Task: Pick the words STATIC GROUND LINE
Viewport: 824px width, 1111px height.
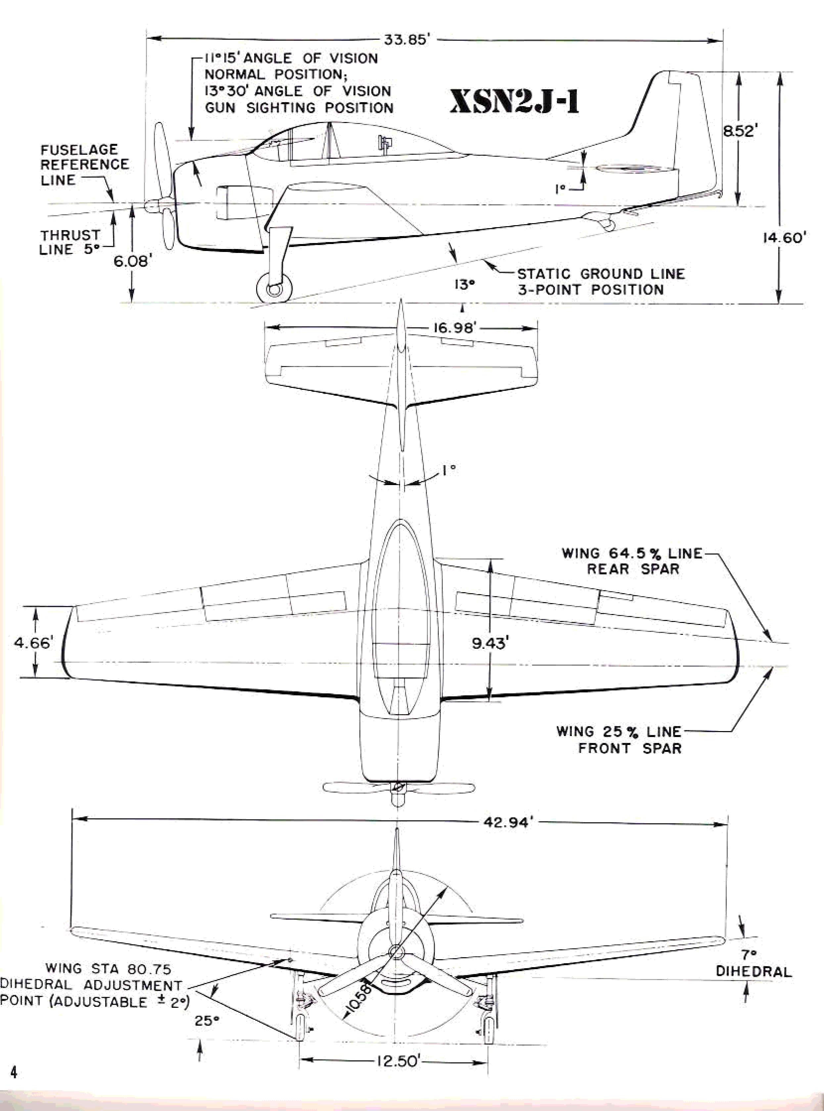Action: [601, 274]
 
